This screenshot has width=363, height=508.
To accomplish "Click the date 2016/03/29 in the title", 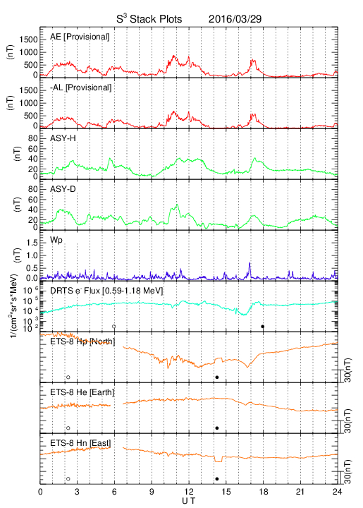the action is tap(235, 19).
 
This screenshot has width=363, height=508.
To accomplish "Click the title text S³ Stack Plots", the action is tap(149, 18).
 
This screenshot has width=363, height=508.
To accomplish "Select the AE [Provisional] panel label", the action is tap(80, 37).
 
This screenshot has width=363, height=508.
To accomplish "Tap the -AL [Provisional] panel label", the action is tap(80, 87).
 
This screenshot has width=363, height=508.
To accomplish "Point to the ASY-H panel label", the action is tap(63, 138).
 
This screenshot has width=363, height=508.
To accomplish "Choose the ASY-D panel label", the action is tap(63, 189).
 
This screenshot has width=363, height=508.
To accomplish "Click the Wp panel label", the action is tap(56, 241).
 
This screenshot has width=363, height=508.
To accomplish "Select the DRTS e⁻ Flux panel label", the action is tap(106, 291).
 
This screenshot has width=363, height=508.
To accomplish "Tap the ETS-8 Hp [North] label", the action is tap(82, 341).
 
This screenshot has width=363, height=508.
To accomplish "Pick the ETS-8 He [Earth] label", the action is tap(82, 392).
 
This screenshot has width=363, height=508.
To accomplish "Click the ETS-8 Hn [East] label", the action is tap(80, 443).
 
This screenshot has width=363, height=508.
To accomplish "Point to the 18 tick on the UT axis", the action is tap(264, 492).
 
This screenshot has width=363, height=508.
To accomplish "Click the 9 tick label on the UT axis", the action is tap(152, 492).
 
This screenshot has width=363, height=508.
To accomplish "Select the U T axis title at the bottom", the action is tap(189, 501).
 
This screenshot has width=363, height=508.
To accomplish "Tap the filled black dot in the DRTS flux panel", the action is tap(263, 327).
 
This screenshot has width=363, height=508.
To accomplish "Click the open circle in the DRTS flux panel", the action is tap(114, 327).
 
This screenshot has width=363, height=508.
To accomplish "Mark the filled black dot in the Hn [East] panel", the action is tap(217, 479).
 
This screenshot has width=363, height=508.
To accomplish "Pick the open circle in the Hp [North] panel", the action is tap(68, 377).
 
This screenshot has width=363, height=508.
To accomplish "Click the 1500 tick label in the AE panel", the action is tap(28, 40).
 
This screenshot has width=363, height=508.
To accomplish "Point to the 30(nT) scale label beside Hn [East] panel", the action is tap(347, 472).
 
